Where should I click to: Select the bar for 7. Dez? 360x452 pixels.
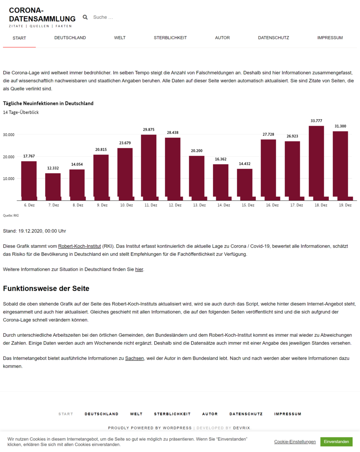pyautogui.click(x=53, y=186)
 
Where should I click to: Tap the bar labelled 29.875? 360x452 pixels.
pyautogui.click(x=149, y=167)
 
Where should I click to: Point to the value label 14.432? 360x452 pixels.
pyautogui.click(x=245, y=164)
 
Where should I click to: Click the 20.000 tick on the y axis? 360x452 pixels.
pyautogui.click(x=8, y=157)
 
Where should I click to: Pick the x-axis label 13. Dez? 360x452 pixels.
pyautogui.click(x=199, y=205)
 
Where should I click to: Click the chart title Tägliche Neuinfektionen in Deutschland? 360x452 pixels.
pyautogui.click(x=48, y=103)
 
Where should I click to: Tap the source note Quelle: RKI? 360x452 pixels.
pyautogui.click(x=11, y=215)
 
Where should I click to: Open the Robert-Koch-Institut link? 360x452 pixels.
pyautogui.click(x=80, y=246)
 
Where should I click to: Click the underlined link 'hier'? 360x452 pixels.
pyautogui.click(x=139, y=269)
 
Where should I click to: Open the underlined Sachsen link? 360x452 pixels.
pyautogui.click(x=134, y=358)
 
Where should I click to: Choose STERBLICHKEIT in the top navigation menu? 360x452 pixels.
pyautogui.click(x=170, y=38)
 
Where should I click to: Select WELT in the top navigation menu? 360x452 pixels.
pyautogui.click(x=120, y=38)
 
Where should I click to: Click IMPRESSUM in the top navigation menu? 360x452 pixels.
pyautogui.click(x=330, y=38)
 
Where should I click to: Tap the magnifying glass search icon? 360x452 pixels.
pyautogui.click(x=85, y=17)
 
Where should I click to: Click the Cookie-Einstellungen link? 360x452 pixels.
pyautogui.click(x=295, y=442)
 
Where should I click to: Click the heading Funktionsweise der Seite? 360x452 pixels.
pyautogui.click(x=46, y=288)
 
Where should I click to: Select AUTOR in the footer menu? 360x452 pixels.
pyautogui.click(x=210, y=414)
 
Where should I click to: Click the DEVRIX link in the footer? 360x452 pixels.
pyautogui.click(x=242, y=428)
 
